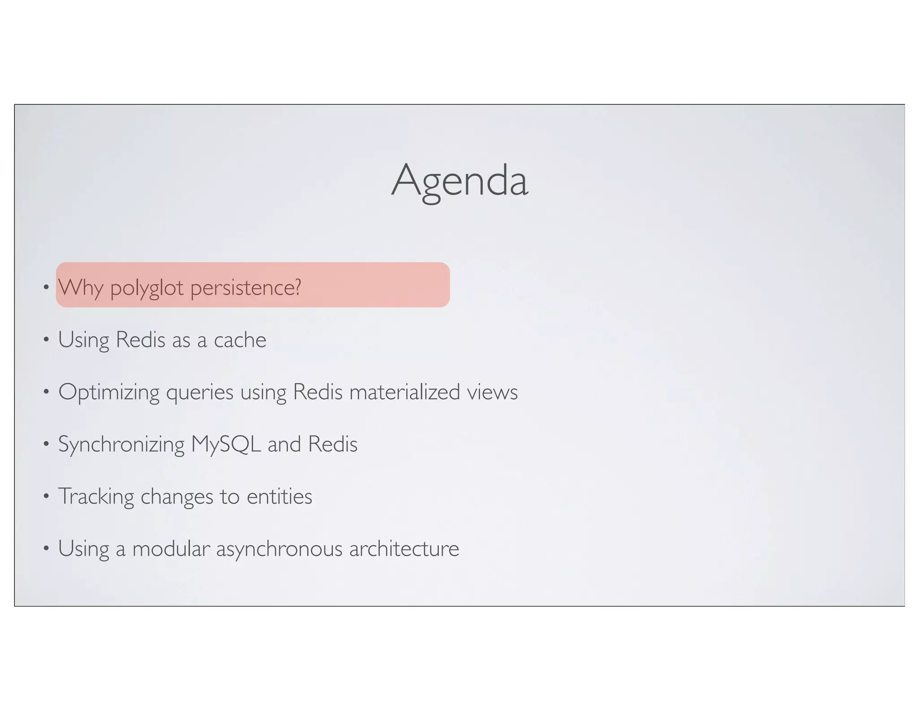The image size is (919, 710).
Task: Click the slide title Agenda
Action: pyautogui.click(x=459, y=181)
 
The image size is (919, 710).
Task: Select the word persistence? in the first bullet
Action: pyautogui.click(x=245, y=287)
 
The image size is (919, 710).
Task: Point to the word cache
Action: pyautogui.click(x=240, y=340)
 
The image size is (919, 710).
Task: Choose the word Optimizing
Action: pyautogui.click(x=109, y=392)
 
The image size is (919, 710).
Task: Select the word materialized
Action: pyautogui.click(x=405, y=392)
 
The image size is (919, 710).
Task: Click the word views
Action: pyautogui.click(x=492, y=392)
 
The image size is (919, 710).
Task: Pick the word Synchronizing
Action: pyautogui.click(x=121, y=444)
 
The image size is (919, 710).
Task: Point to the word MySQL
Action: pyautogui.click(x=226, y=444)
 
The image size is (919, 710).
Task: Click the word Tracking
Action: pyautogui.click(x=96, y=496)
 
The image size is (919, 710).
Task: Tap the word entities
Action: pyautogui.click(x=279, y=496)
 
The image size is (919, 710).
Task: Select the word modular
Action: pyautogui.click(x=171, y=548)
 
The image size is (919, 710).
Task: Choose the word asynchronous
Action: pyautogui.click(x=279, y=549)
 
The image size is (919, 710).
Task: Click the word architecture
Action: pyautogui.click(x=404, y=548)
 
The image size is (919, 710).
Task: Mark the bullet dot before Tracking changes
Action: pyautogui.click(x=46, y=496)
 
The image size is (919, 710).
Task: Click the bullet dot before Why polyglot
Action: pyautogui.click(x=46, y=287)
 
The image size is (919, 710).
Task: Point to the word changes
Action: pyautogui.click(x=177, y=497)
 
